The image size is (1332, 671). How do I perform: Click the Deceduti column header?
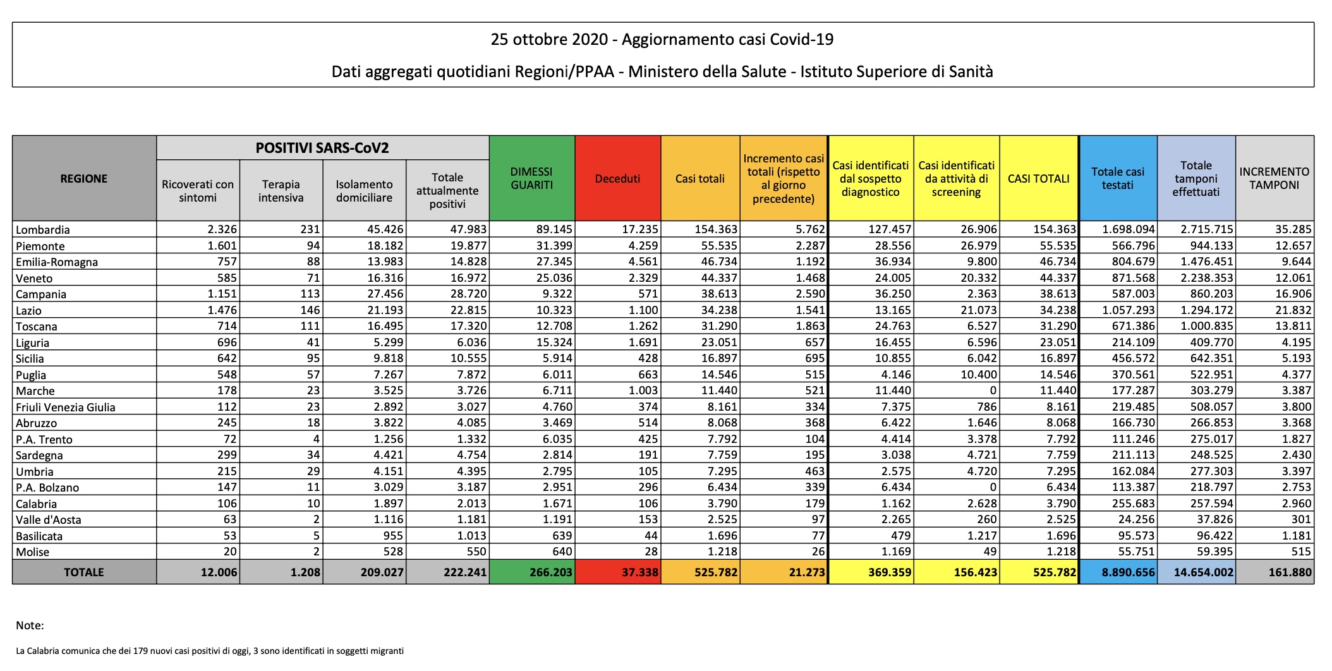point(617,179)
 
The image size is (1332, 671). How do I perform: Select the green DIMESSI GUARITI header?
point(531,179)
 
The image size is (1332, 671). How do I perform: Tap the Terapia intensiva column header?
point(281,191)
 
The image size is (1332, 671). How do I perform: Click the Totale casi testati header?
point(1117,179)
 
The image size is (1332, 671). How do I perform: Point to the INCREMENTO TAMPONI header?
point(1274,179)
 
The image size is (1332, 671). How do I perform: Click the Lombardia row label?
point(43,230)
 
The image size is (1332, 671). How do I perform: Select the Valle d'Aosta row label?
point(49,520)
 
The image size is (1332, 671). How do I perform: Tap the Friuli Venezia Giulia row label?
point(66,408)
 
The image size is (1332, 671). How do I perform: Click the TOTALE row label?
point(84,572)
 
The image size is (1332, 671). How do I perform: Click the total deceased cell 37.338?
point(640,572)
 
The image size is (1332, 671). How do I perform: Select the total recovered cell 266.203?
point(551,572)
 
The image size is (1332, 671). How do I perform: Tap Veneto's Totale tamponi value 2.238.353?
point(1207,278)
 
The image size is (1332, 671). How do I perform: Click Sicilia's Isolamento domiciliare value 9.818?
point(385,358)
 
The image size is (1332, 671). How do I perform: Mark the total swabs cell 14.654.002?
point(1203,572)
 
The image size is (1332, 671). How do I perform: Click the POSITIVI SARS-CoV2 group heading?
point(322,148)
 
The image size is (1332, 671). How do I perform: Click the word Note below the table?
point(30,626)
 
